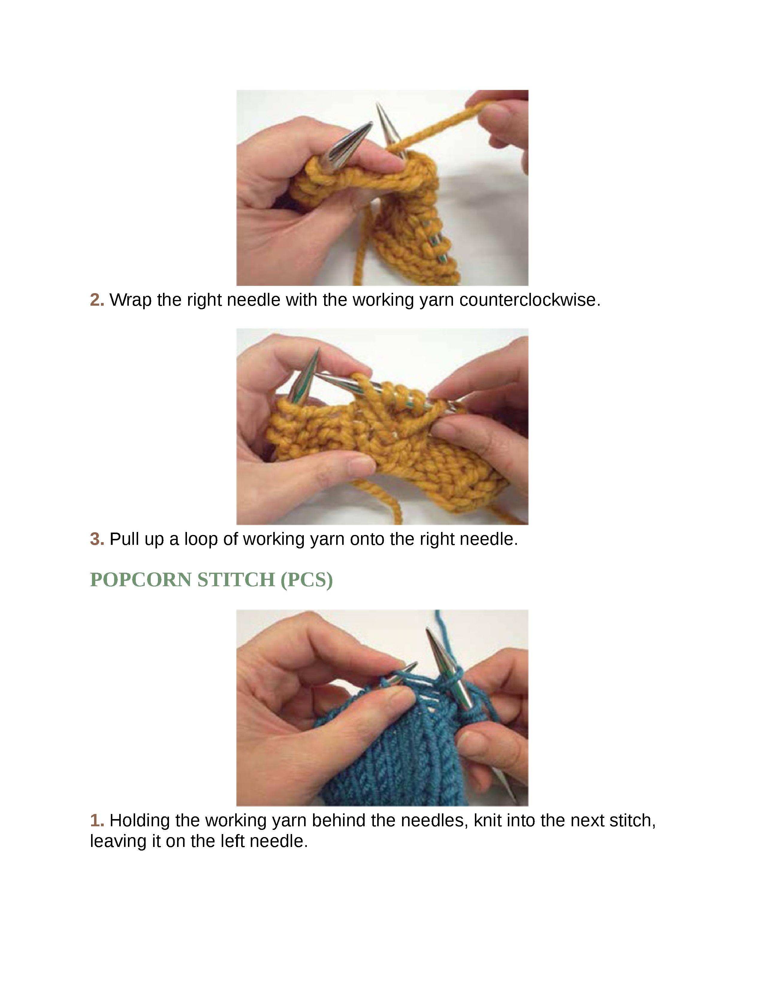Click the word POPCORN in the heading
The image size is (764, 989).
pyautogui.click(x=140, y=580)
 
